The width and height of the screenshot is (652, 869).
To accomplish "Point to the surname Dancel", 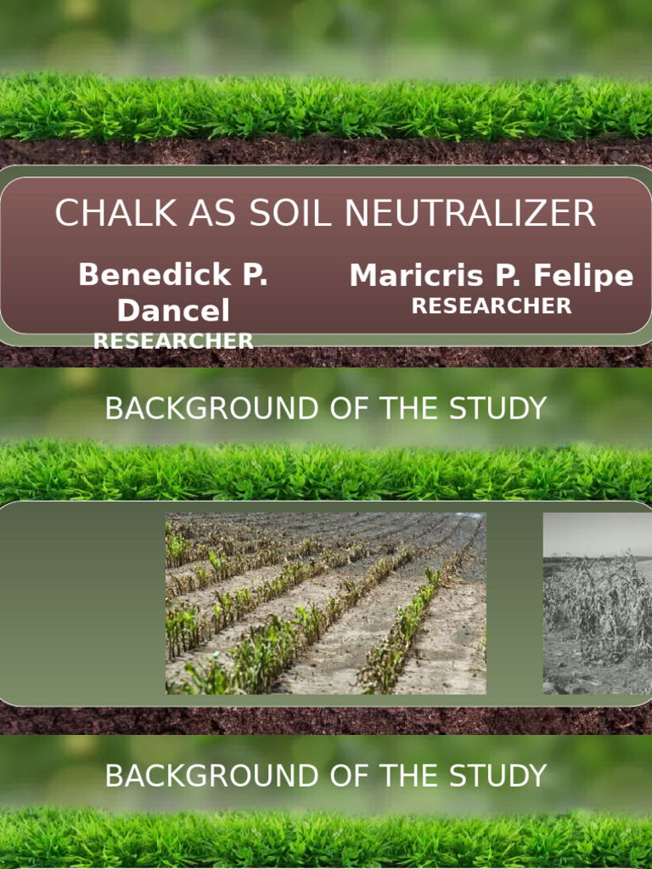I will point(173,311).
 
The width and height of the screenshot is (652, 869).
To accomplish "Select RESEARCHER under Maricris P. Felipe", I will point(492,306).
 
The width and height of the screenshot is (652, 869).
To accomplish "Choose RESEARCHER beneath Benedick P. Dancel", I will point(173,341).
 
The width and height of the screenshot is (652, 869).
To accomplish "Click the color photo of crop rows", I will point(326,603).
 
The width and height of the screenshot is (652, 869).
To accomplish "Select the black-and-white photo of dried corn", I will point(597,603).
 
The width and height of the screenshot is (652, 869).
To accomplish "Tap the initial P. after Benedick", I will point(253,275).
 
